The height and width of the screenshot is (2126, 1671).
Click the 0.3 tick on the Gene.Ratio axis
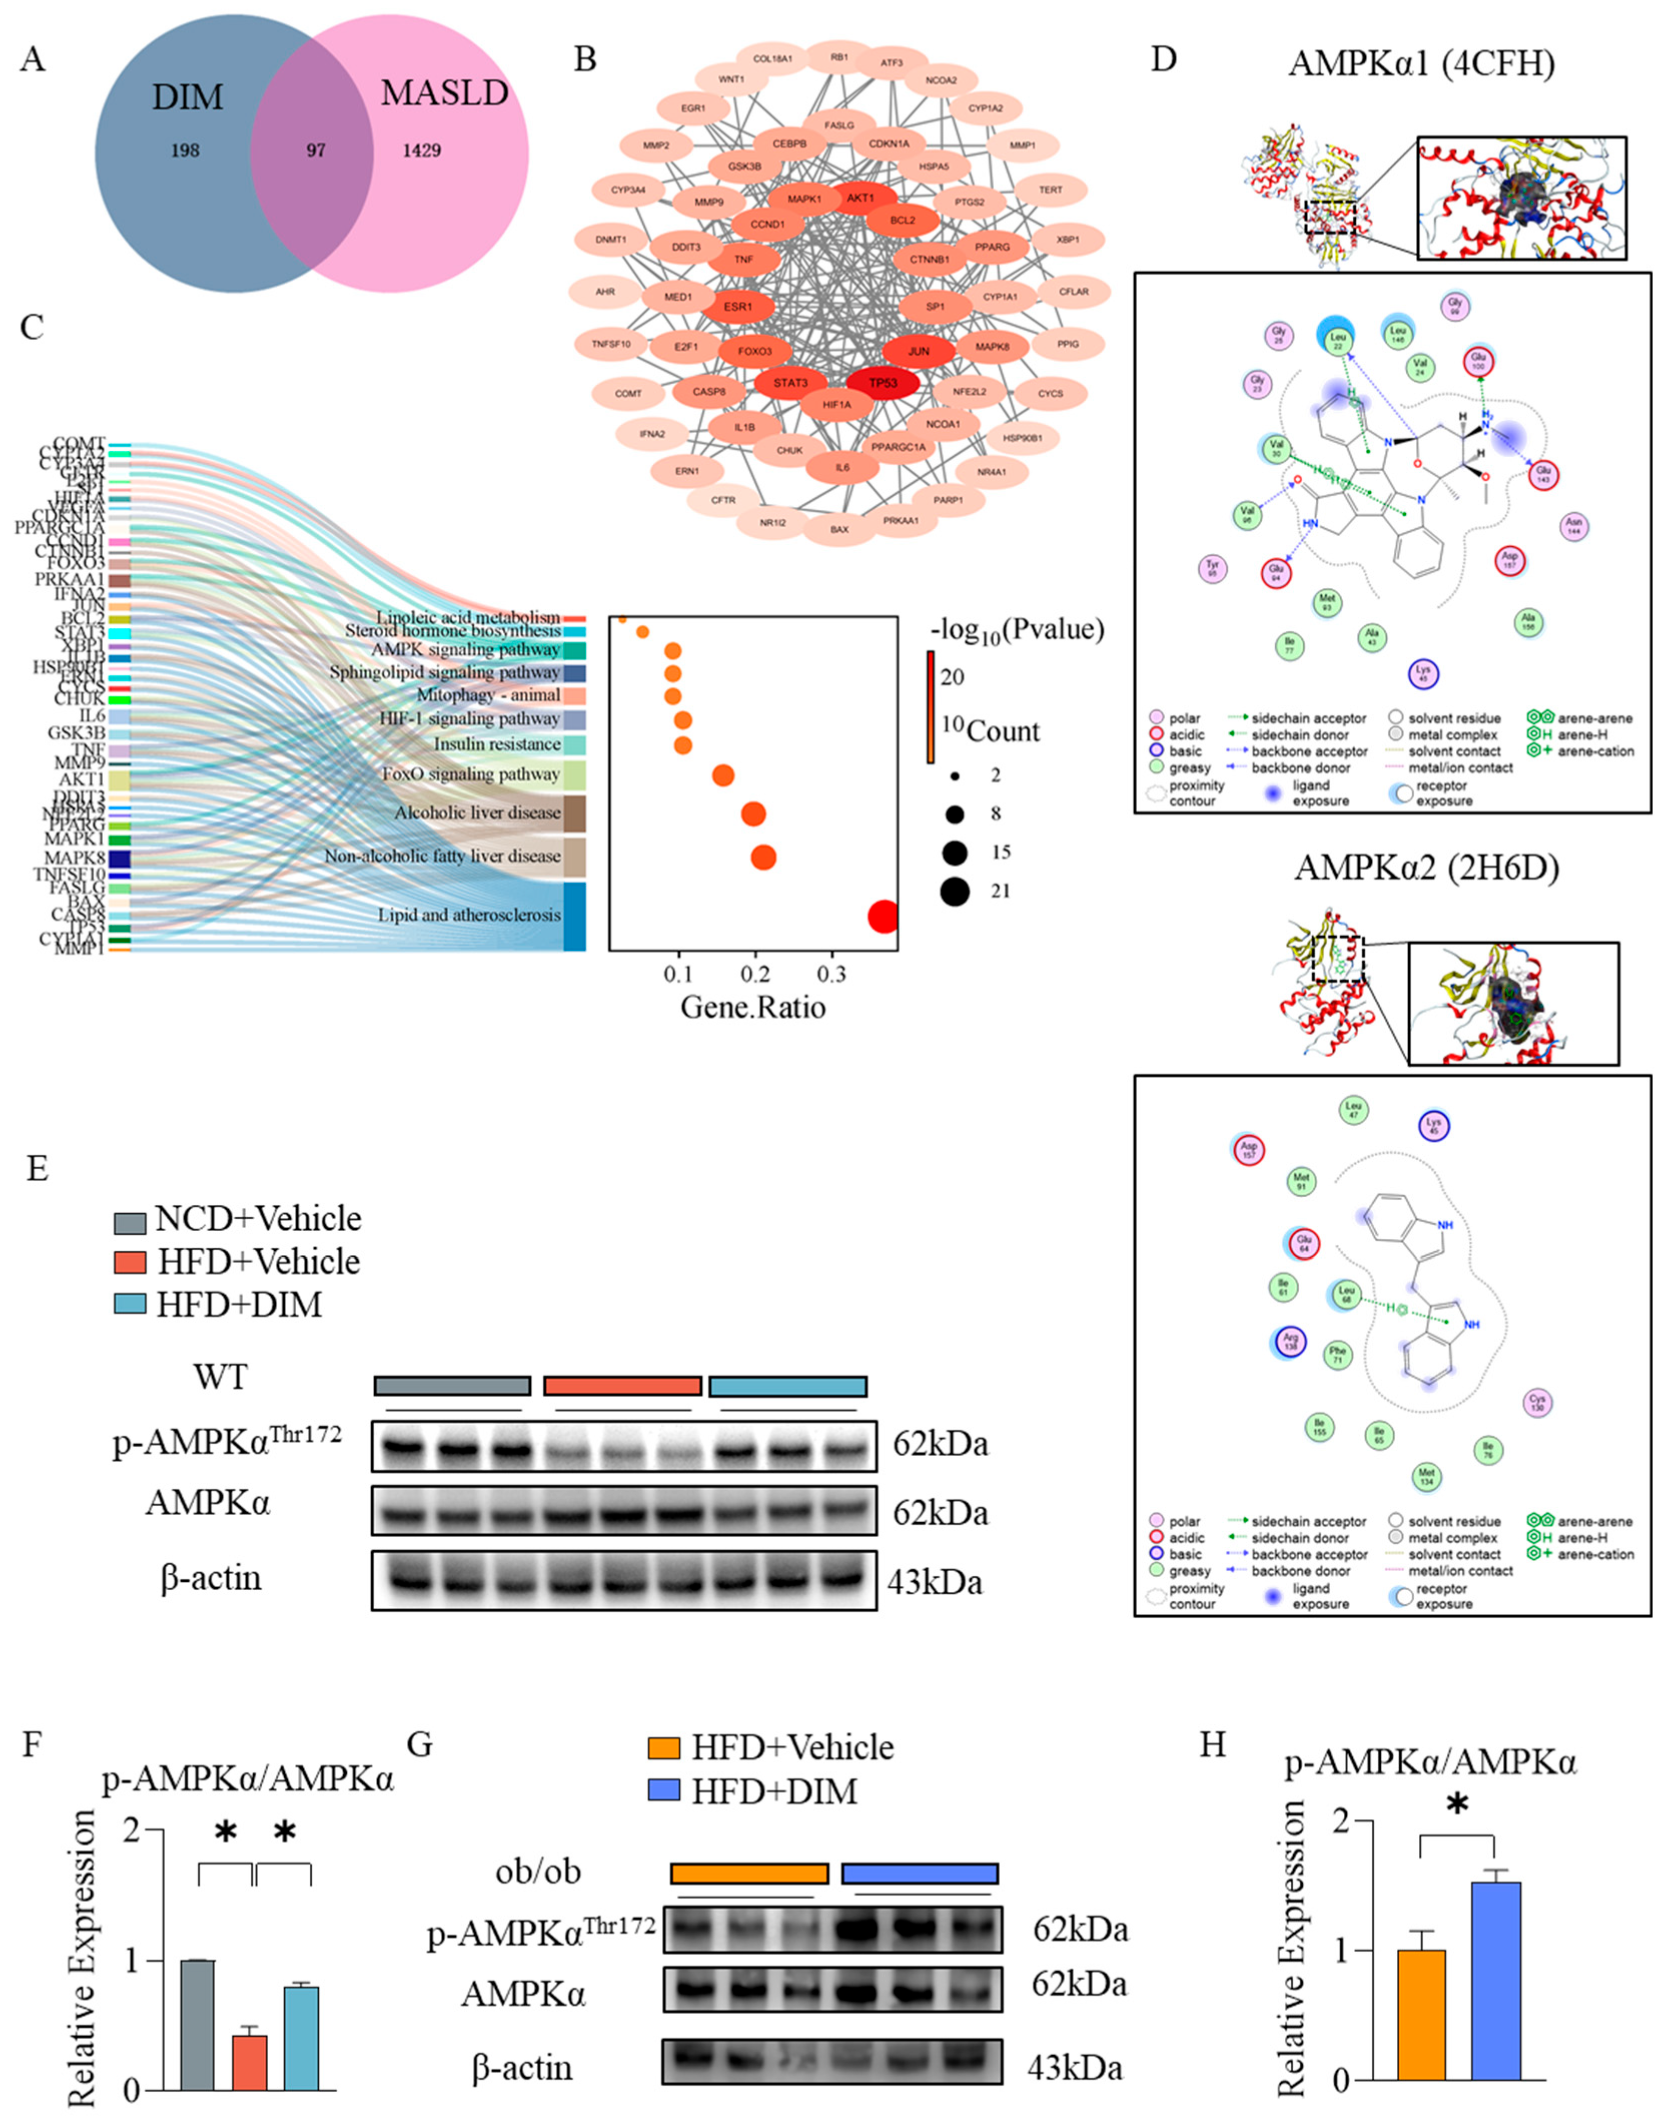pos(832,975)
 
